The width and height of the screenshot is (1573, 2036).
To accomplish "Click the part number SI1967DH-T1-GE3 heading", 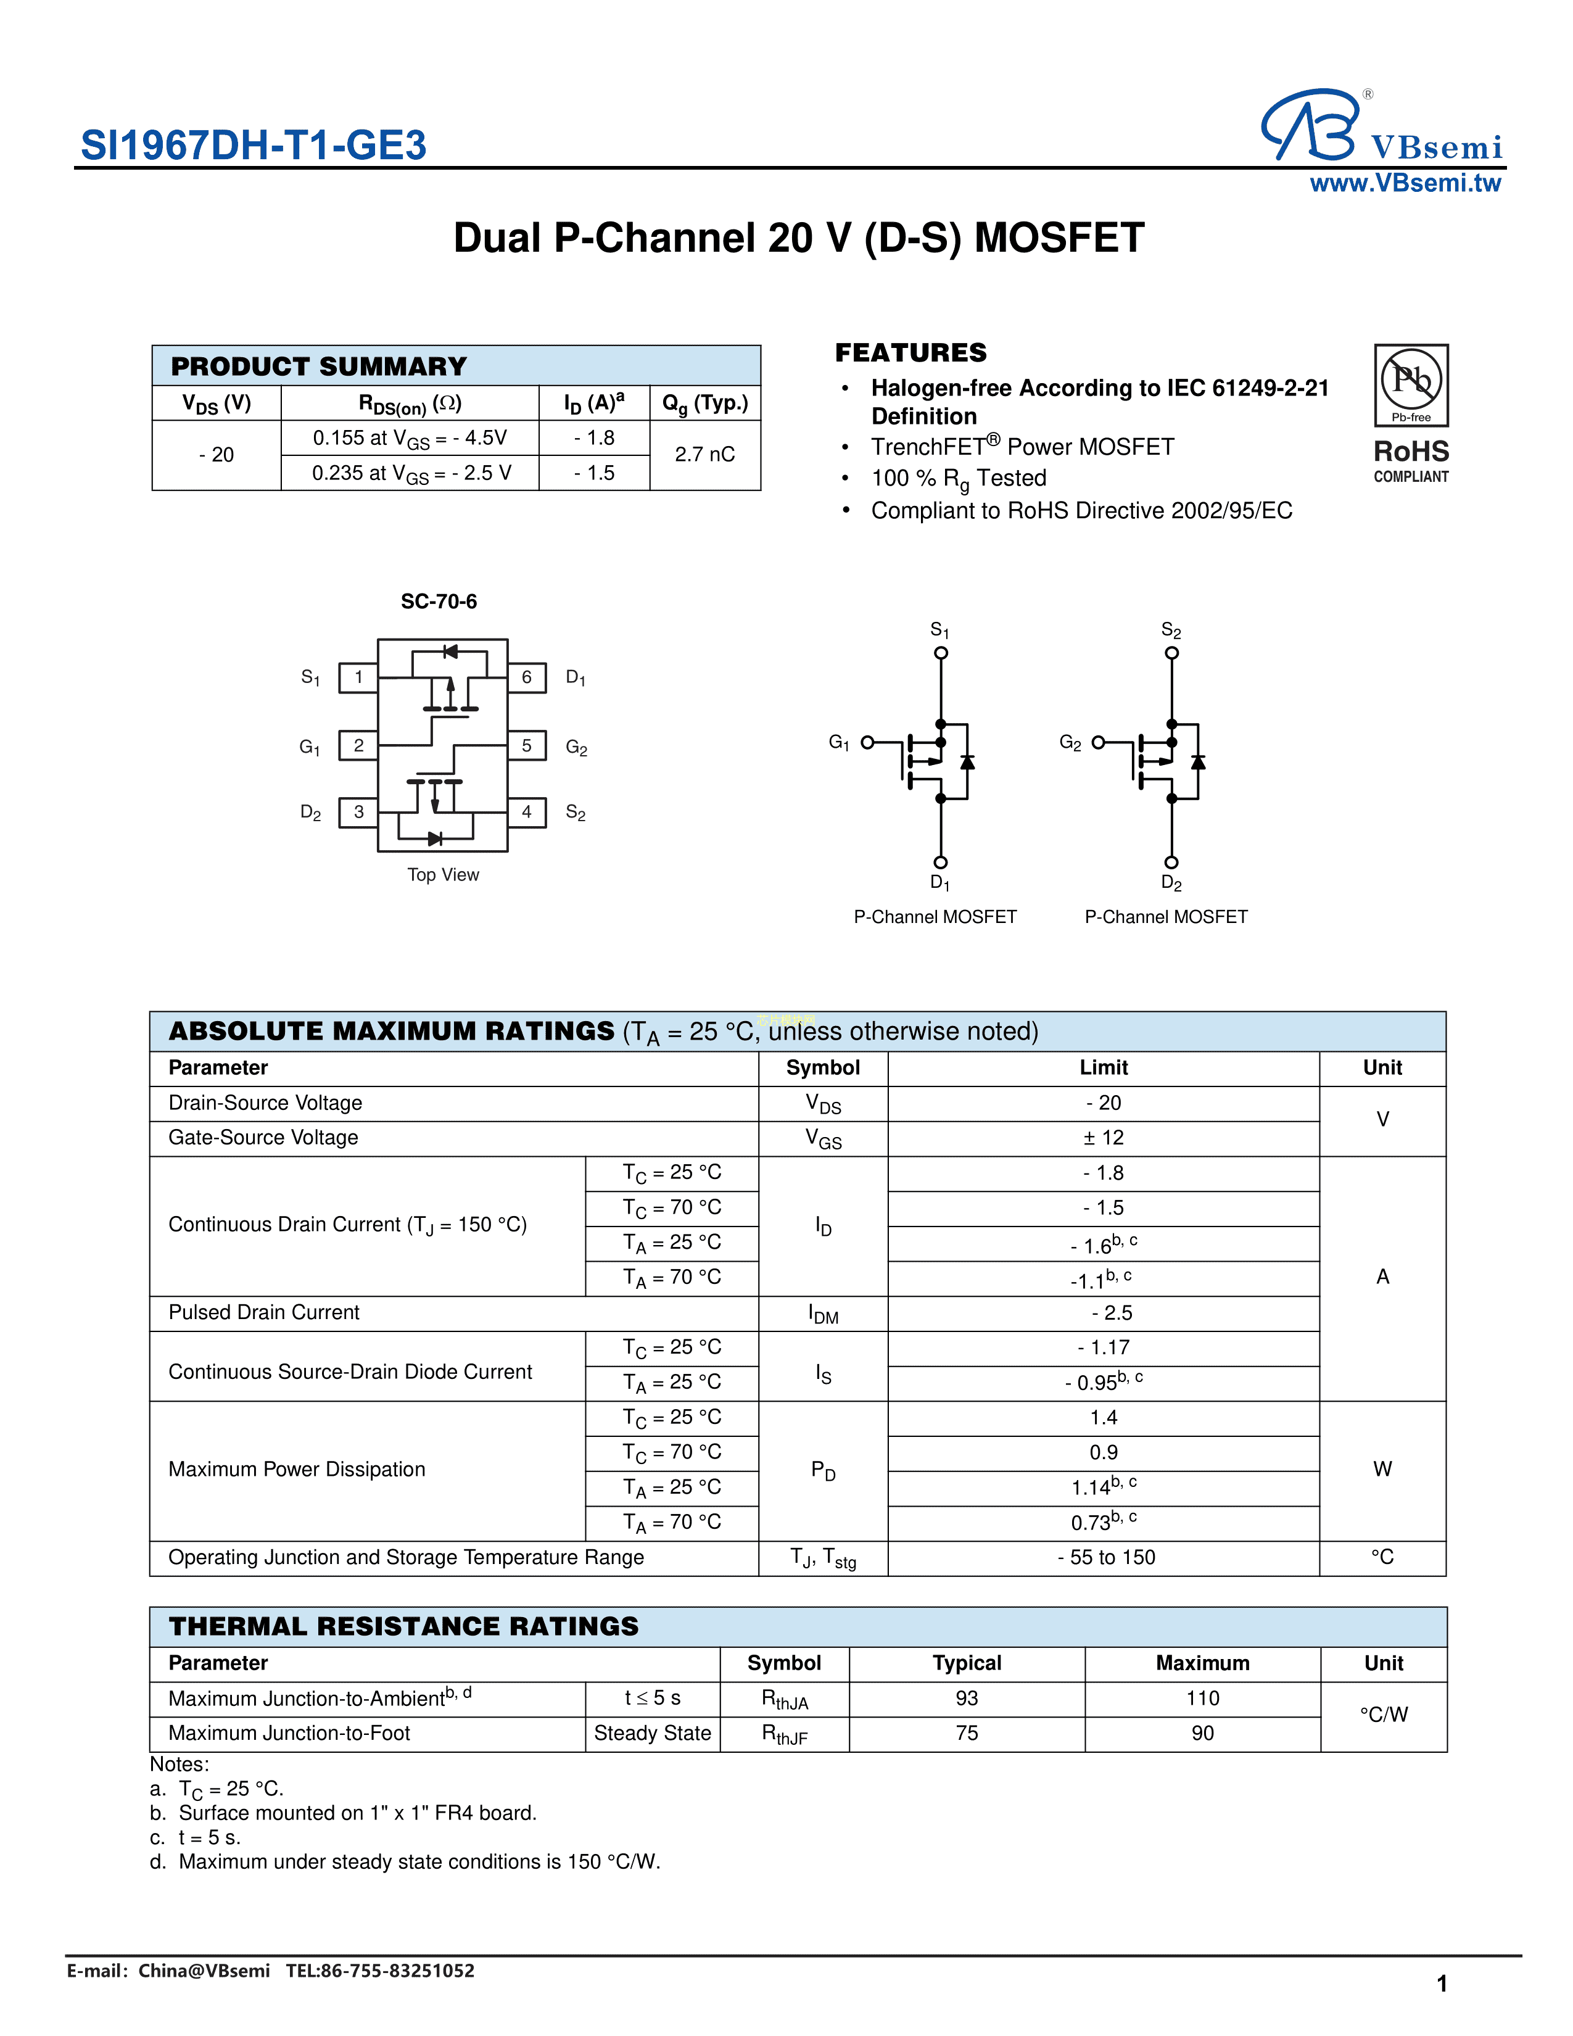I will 254,146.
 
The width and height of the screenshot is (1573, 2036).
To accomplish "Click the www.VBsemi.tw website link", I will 1405,184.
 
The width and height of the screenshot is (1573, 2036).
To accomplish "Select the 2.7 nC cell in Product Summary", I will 704,455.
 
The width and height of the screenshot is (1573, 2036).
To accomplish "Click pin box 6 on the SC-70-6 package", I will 527,677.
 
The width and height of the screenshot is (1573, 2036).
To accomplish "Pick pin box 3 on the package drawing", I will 359,812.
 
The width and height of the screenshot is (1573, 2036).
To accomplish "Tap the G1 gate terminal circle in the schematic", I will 867,742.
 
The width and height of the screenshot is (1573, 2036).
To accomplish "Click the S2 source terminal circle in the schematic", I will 1171,653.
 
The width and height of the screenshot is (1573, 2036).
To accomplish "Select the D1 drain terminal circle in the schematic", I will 941,863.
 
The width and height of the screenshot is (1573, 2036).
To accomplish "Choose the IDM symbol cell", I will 823,1314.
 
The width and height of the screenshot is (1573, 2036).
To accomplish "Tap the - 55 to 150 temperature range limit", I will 1105,1558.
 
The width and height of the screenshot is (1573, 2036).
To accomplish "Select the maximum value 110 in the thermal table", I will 1202,1699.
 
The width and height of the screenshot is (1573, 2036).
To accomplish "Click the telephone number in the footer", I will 380,1971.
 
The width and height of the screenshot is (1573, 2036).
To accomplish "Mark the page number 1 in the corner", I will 1442,1984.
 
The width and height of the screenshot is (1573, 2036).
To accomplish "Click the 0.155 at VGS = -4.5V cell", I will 410,438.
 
